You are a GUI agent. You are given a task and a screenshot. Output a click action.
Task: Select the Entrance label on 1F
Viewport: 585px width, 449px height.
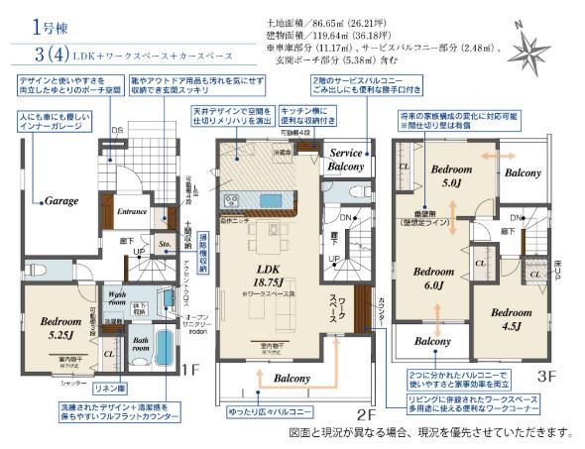tap(133, 211)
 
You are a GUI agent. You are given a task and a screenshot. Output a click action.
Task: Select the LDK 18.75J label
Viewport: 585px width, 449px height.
tap(266, 275)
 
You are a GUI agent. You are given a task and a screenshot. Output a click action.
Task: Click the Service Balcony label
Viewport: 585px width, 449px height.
tap(352, 162)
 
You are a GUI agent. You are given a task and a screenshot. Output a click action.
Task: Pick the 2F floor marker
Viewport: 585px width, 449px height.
tap(367, 412)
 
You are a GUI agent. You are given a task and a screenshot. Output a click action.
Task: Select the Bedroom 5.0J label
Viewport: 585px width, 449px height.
tap(451, 176)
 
